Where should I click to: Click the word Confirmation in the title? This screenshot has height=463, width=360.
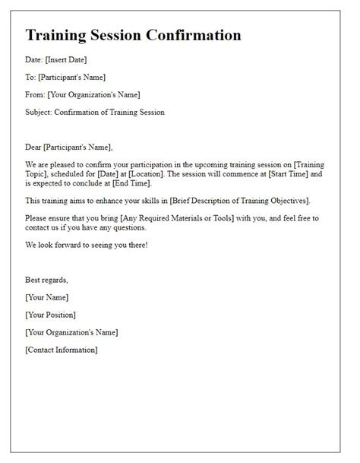[x=192, y=35]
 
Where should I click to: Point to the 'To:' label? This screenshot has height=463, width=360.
[x=30, y=77]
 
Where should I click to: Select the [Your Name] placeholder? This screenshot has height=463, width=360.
[x=47, y=297]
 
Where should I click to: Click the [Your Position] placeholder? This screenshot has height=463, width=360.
[x=50, y=314]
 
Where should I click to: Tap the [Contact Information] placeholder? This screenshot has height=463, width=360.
[x=62, y=350]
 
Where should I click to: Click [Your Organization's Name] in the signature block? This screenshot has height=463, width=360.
[x=71, y=332]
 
